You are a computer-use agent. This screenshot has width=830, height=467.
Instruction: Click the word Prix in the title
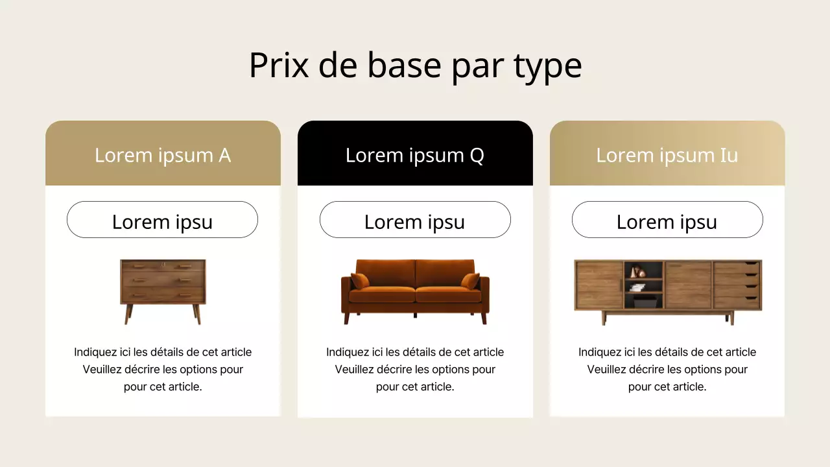pos(279,65)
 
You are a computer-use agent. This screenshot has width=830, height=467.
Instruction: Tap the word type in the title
pos(547,66)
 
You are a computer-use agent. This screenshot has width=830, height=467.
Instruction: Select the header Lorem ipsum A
pos(163,155)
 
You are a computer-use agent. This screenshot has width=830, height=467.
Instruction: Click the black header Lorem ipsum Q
pos(415,155)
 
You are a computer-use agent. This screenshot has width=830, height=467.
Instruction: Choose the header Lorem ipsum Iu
pos(667,155)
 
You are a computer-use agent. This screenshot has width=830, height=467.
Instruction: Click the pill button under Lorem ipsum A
pos(162,220)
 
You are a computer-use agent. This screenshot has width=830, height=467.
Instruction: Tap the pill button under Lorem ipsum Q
pos(415,220)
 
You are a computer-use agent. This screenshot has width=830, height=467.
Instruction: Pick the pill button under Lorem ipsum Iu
pos(667,220)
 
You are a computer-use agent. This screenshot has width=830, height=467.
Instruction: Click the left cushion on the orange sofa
pos(360,281)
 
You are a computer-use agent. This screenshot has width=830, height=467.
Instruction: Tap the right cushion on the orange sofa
pos(471,281)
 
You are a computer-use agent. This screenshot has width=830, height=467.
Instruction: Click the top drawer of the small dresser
pos(163,267)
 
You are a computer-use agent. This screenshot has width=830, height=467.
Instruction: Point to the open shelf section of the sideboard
pos(644,284)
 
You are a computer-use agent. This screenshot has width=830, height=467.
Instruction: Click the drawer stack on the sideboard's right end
pos(737,284)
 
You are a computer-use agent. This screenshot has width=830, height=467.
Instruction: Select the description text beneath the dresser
pos(163,370)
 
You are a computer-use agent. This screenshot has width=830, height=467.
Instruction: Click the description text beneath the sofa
pos(415,370)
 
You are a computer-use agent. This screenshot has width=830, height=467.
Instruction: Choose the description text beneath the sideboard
pos(667,370)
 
